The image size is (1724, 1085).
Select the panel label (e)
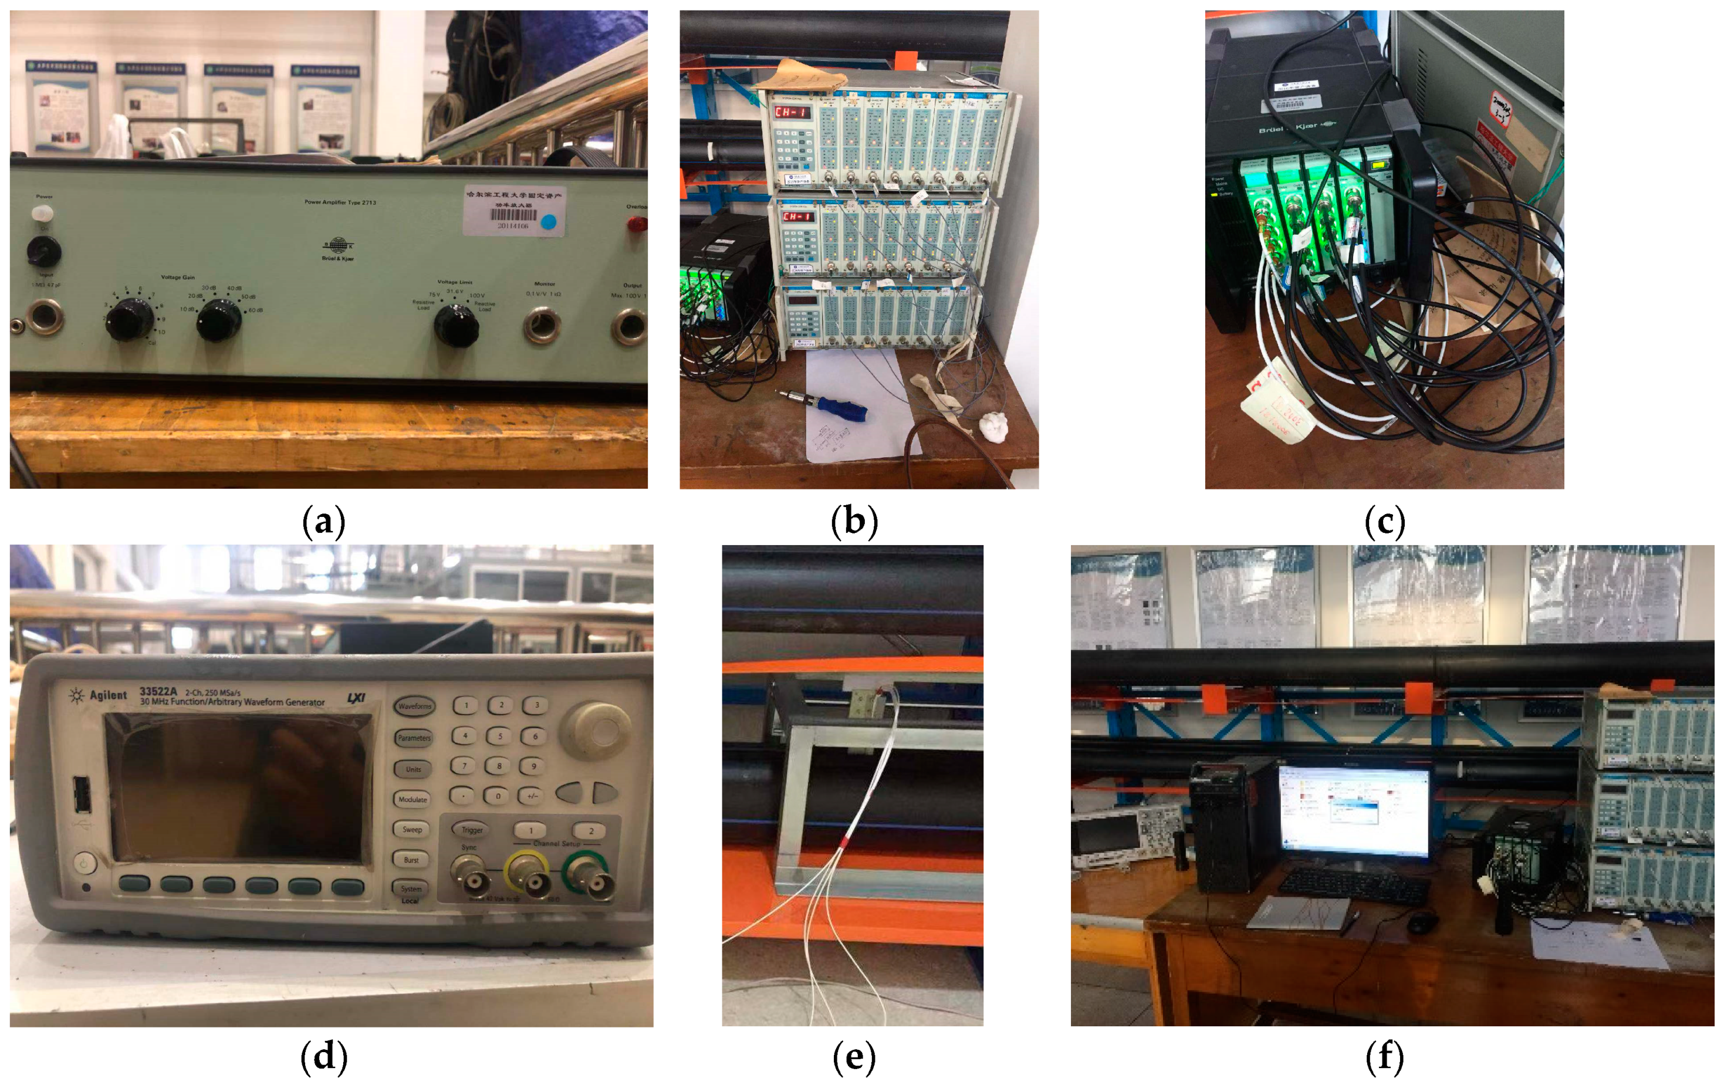853,1058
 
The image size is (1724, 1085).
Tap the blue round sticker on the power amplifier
549,222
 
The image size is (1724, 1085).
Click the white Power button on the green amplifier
42,212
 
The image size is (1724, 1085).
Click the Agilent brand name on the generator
107,695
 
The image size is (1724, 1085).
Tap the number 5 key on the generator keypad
500,735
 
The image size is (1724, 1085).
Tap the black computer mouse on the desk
1422,921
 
